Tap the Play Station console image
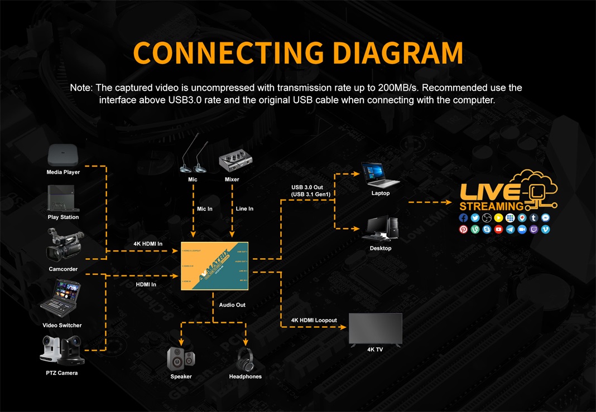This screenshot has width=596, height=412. [63, 198]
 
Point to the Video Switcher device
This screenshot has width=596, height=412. [62, 300]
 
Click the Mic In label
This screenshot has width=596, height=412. [205, 209]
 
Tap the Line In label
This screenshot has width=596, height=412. [244, 209]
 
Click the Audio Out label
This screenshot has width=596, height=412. [232, 305]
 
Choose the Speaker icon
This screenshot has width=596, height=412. [181, 358]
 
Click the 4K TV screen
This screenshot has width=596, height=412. [375, 328]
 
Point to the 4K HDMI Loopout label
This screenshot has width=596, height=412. [314, 321]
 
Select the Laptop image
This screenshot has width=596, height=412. [380, 175]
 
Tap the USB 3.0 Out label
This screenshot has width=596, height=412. [307, 187]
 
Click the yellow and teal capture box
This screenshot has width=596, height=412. [214, 266]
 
